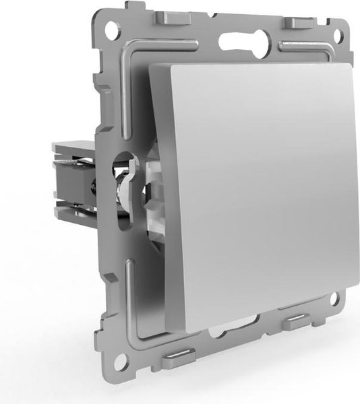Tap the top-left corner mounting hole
click(x=111, y=28)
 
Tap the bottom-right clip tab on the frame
click(x=297, y=322)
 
